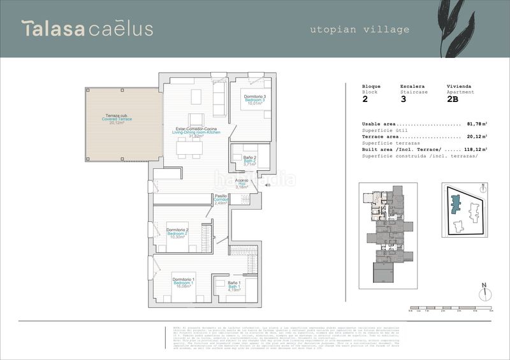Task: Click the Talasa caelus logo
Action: tap(87, 29)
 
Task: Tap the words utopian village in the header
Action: tap(360, 29)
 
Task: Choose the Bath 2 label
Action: tap(250, 160)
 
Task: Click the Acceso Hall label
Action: tap(242, 184)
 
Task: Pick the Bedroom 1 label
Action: tap(183, 283)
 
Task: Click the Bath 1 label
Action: tap(234, 287)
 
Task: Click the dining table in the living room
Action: tap(189, 148)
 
